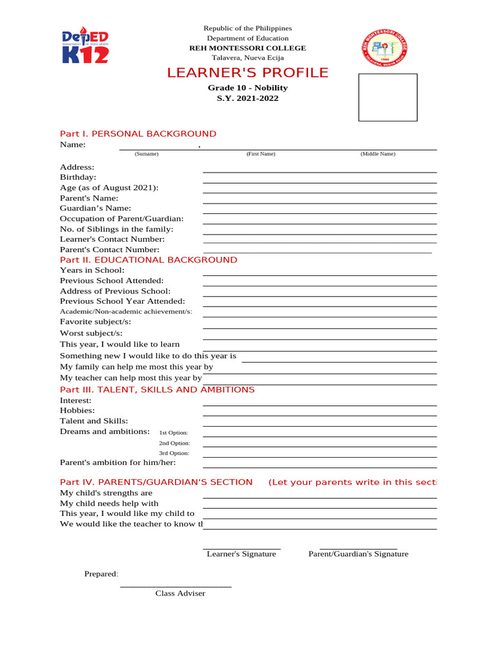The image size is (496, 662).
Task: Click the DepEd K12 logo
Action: click(x=85, y=46)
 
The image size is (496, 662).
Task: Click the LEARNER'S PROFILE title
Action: click(x=247, y=72)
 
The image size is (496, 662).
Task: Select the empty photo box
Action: click(x=387, y=97)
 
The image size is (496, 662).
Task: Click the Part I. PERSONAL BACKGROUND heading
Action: click(x=138, y=134)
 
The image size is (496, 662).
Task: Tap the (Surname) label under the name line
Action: click(x=147, y=154)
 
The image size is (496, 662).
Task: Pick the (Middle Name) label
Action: click(x=378, y=154)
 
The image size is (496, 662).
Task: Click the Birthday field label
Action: click(x=78, y=177)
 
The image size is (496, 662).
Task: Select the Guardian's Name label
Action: click(x=96, y=208)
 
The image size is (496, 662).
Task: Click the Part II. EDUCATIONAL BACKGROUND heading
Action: click(x=149, y=260)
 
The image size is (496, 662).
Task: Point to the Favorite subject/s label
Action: click(x=96, y=322)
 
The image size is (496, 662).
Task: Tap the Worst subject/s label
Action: click(x=91, y=334)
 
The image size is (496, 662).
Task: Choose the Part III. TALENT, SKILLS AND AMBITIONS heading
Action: click(x=157, y=390)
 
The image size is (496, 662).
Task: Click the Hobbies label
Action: click(x=77, y=411)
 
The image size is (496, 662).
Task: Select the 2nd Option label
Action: click(x=174, y=443)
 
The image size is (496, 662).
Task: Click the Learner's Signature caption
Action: click(x=242, y=554)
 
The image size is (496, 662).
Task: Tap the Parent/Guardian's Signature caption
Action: click(x=358, y=554)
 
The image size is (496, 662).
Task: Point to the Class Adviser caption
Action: click(x=180, y=593)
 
